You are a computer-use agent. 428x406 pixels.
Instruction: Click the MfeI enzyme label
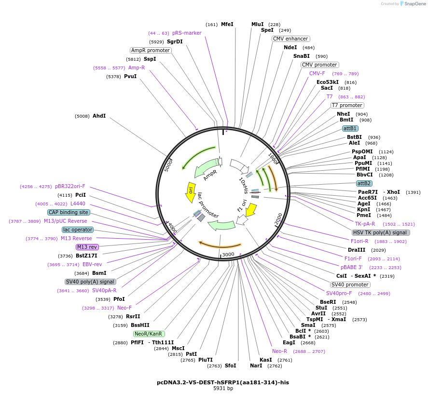point(227,25)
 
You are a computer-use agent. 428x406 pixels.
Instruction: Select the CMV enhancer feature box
point(290,39)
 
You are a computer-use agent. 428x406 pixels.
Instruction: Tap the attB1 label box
point(350,129)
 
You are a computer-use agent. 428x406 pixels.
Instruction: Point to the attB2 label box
point(364,184)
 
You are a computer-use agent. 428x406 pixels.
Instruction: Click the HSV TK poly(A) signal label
point(381,232)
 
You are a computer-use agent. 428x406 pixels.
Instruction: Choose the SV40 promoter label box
point(350,284)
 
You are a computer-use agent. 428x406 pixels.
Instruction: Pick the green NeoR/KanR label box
point(149,334)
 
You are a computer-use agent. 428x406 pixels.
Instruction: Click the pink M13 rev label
point(87,247)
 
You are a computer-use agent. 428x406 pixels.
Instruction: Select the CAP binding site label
point(69,212)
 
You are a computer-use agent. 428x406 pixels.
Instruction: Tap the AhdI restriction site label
point(99,116)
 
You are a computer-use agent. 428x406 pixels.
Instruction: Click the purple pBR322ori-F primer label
point(70,186)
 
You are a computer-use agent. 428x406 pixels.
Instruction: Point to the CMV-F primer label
point(317,73)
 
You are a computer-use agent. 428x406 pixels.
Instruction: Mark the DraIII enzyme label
point(357,250)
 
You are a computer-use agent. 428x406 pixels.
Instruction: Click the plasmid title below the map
point(223,382)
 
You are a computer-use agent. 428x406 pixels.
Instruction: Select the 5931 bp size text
point(223,389)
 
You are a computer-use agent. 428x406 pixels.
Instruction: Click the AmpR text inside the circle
point(210,175)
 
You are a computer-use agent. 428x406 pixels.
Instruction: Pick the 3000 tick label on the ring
point(228,254)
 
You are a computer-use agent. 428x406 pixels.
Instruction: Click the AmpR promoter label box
point(151,51)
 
